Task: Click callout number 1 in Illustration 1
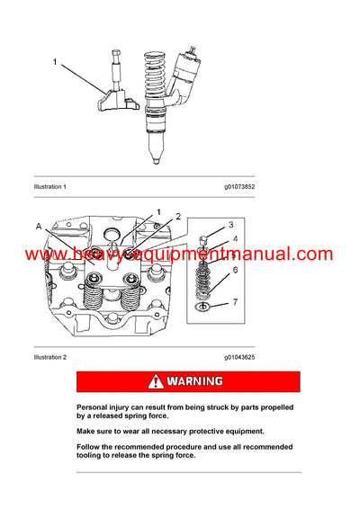click(x=56, y=62)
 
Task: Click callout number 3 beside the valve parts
click(x=231, y=224)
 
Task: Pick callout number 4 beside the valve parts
click(x=234, y=239)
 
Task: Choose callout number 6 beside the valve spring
click(x=235, y=270)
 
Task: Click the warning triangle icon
click(x=157, y=381)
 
